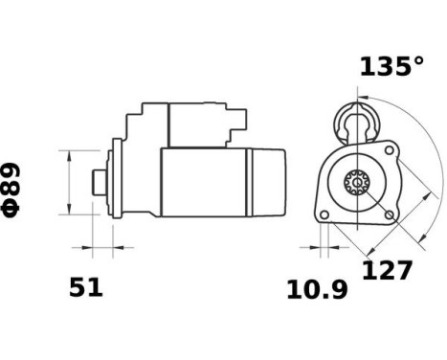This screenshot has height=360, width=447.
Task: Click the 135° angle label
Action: point(391,66)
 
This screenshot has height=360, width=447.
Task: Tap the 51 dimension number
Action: point(85,286)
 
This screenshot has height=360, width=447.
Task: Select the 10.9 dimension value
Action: point(317,289)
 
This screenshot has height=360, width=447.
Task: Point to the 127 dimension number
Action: point(387,270)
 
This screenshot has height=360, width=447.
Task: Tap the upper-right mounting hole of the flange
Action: point(389,150)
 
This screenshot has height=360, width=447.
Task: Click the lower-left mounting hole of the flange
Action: point(324,214)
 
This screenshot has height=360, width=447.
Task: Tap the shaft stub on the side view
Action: point(99,181)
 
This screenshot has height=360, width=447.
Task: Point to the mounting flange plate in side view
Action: point(117,181)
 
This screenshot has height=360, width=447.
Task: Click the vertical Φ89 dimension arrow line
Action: point(71,181)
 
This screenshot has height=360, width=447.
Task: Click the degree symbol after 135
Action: point(416,61)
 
